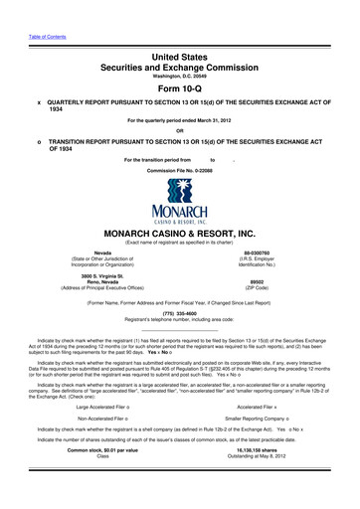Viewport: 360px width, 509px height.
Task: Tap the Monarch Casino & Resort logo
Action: pos(179,211)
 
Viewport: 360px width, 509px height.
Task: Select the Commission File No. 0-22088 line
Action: pos(179,170)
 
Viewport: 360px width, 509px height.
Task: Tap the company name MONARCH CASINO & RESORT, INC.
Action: pos(179,234)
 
